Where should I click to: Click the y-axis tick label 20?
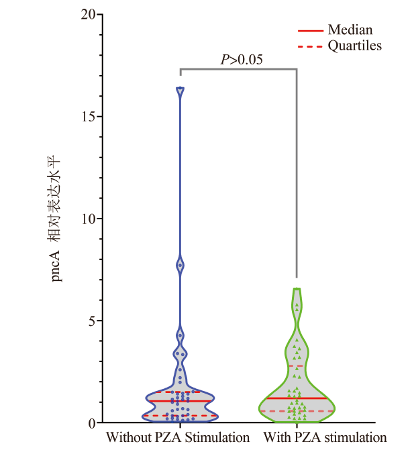click(87, 14)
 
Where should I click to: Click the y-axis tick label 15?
click(87, 117)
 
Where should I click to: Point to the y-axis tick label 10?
click(87, 219)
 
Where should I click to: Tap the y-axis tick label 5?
click(90, 321)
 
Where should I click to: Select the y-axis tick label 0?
click(90, 423)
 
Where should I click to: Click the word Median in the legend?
click(350, 30)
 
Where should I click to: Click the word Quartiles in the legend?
click(354, 46)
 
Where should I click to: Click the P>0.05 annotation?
click(242, 60)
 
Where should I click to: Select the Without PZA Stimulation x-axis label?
click(177, 439)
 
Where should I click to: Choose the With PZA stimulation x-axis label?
click(325, 439)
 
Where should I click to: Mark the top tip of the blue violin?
click(180, 89)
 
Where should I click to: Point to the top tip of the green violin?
click(296, 289)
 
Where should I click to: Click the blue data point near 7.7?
click(180, 266)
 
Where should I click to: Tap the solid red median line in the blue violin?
click(180, 401)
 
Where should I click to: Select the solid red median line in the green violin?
click(296, 398)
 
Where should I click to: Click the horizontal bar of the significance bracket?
click(238, 69)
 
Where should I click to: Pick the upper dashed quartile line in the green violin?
click(296, 366)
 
